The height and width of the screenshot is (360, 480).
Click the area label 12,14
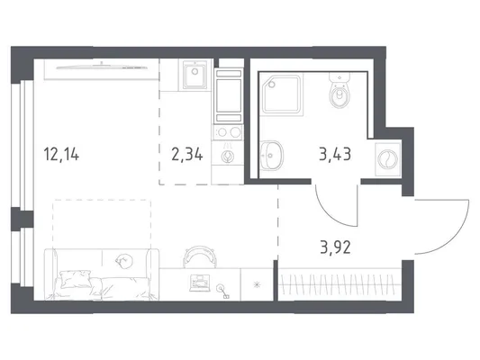pos(61,154)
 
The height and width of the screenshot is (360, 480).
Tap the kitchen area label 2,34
pos(187,154)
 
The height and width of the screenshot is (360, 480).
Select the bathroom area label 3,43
pos(335,154)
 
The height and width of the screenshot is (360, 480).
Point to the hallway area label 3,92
pos(335,247)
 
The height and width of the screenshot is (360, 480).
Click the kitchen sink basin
pos(195,75)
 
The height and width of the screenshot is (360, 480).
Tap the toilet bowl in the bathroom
pos(340,94)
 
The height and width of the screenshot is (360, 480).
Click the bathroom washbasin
pos(271,155)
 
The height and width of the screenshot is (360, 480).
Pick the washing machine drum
pos(388,159)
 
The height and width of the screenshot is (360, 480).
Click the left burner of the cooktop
pos(222,132)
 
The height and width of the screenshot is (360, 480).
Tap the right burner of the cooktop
pos(235,132)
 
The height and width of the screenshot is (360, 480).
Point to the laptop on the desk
pos(200,283)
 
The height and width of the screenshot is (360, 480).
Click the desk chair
pos(200,253)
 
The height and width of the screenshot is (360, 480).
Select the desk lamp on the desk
pos(222,291)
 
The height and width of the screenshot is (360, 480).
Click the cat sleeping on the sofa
pos(124,261)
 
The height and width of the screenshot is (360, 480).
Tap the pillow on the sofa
pos(77,278)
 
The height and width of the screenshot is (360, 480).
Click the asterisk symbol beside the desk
pos(257,284)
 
